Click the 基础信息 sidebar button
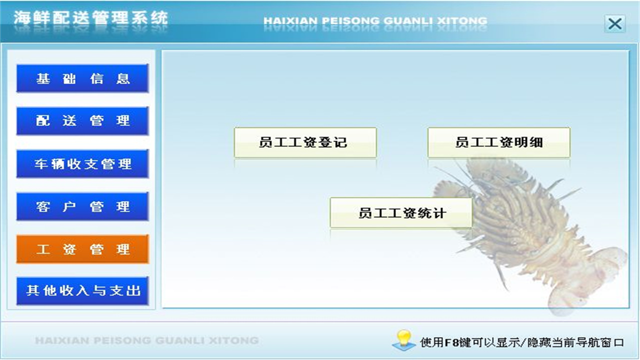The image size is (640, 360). [x=82, y=78]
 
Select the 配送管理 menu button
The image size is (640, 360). [x=82, y=121]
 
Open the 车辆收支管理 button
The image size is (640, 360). [x=82, y=164]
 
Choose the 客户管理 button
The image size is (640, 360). [x=82, y=206]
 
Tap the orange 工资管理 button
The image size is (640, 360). [x=82, y=249]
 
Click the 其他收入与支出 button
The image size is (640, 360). [x=82, y=290]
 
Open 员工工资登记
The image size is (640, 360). [x=305, y=142]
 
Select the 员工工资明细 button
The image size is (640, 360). [x=498, y=142]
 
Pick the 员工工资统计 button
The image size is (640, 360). [x=401, y=213]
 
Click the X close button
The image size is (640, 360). [x=614, y=23]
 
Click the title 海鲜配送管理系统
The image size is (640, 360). [x=90, y=18]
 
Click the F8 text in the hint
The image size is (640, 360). [x=451, y=343]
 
